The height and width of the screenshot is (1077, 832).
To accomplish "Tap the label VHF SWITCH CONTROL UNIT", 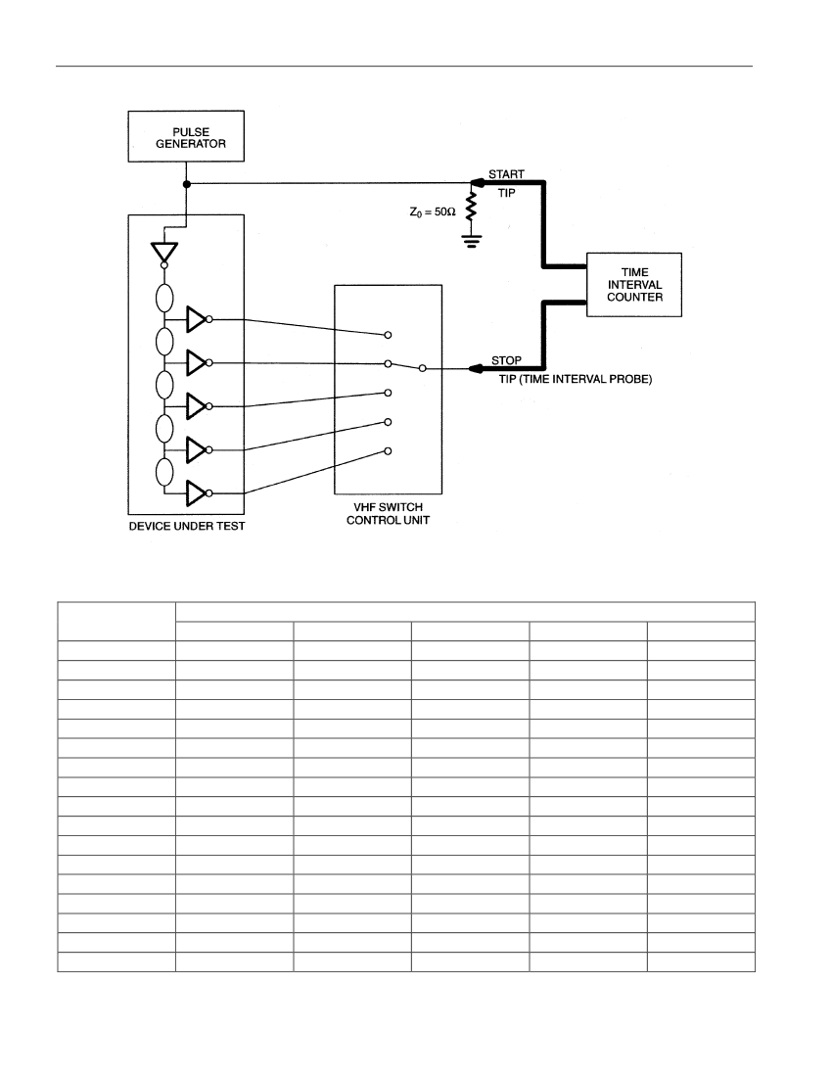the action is tap(388, 514).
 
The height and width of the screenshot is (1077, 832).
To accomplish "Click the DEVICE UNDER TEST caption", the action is tap(187, 526).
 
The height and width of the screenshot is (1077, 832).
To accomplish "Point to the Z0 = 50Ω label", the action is tap(433, 212).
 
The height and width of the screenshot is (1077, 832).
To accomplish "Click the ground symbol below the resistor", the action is tap(471, 241).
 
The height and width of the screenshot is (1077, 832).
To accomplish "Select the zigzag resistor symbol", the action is tap(471, 206).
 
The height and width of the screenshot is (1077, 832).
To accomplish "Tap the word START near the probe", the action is tap(507, 174).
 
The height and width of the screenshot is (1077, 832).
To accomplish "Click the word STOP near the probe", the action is tap(507, 360).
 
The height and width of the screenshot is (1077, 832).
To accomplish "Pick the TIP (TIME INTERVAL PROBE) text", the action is tap(576, 379).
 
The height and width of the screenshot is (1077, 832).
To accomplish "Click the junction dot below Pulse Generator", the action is tap(186, 184).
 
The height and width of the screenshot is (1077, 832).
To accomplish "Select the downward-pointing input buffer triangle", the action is tap(164, 252).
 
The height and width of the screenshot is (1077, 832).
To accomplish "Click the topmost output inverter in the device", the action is tap(197, 319).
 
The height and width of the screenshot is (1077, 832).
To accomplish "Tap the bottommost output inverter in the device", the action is tap(197, 493).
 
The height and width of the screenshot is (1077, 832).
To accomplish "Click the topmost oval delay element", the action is tap(164, 298).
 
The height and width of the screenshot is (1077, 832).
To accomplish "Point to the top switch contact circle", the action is tap(388, 335).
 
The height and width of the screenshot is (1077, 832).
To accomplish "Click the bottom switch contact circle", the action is tap(388, 451).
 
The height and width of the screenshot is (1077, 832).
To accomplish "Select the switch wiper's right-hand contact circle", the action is tap(422, 369).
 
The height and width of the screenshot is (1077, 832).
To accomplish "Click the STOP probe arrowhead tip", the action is tap(468, 369).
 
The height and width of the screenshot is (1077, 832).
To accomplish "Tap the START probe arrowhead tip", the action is tap(471, 183).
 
